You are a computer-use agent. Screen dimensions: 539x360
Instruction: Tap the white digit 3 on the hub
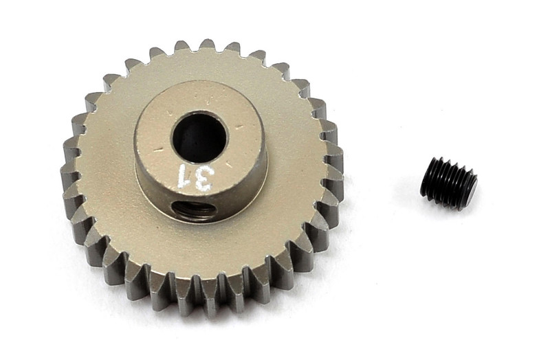click(203, 179)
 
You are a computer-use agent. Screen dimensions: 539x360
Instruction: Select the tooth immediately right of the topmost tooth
click(234, 48)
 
